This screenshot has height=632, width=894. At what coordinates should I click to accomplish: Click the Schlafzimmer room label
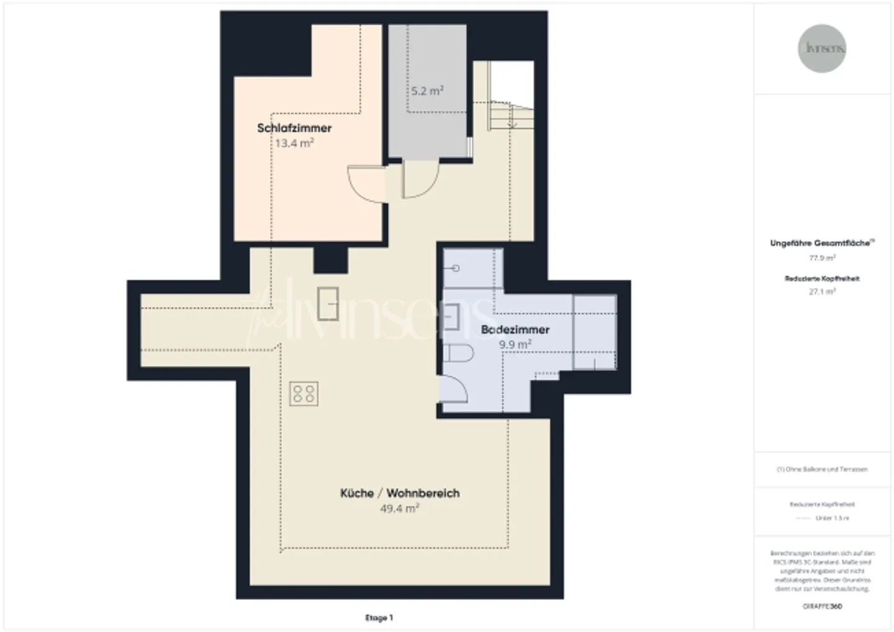pos(294,129)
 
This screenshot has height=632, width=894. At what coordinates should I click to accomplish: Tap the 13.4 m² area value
pos(294,143)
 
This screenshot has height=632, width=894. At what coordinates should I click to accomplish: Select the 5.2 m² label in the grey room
pos(427,91)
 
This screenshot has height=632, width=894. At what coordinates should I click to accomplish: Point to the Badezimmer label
pos(515,330)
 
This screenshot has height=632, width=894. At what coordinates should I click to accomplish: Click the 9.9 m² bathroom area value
pos(515,345)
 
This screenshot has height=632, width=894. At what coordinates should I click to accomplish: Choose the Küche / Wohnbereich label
pos(400,494)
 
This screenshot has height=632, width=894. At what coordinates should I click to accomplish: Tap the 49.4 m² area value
pos(400,508)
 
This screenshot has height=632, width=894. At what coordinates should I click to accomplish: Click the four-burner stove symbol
pos(304,393)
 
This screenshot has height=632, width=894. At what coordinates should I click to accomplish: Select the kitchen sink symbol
pos(328,303)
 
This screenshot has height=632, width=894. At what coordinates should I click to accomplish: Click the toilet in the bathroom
pos(459,354)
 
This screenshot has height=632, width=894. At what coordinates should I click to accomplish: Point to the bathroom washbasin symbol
pos(453,315)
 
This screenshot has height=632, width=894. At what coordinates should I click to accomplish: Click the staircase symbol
pos(510,115)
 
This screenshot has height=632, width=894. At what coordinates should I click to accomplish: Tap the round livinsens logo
pos(822,48)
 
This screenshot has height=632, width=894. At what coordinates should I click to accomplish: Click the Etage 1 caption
pos(379,618)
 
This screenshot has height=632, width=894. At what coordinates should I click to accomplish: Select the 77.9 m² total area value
pos(822,257)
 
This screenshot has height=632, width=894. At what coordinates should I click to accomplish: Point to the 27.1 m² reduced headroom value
pos(822,291)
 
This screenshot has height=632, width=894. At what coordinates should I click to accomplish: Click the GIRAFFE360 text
pos(822,607)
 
